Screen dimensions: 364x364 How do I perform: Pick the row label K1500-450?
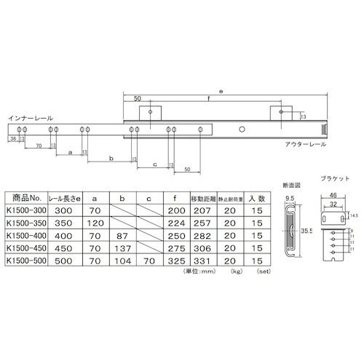pyautogui.click(x=25, y=247)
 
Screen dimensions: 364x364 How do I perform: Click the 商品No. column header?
pyautogui.click(x=25, y=197)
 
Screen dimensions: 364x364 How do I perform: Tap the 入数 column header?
pyautogui.click(x=258, y=197)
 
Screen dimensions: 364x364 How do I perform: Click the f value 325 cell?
pyautogui.click(x=175, y=259)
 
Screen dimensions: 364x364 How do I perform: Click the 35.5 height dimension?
pyautogui.click(x=305, y=232)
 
